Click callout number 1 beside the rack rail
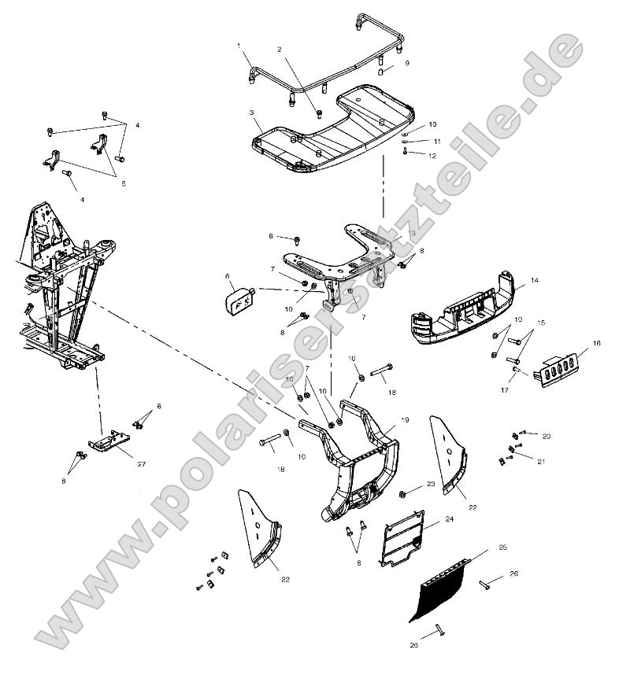[239, 46]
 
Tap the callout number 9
[407, 62]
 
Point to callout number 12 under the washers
[432, 156]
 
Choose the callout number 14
[533, 280]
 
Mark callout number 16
[596, 343]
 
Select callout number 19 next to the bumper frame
[405, 420]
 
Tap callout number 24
[449, 519]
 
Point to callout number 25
[502, 547]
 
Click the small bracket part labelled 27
[109, 442]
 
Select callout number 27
[142, 464]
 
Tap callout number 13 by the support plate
[412, 234]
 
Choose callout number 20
[546, 435]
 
